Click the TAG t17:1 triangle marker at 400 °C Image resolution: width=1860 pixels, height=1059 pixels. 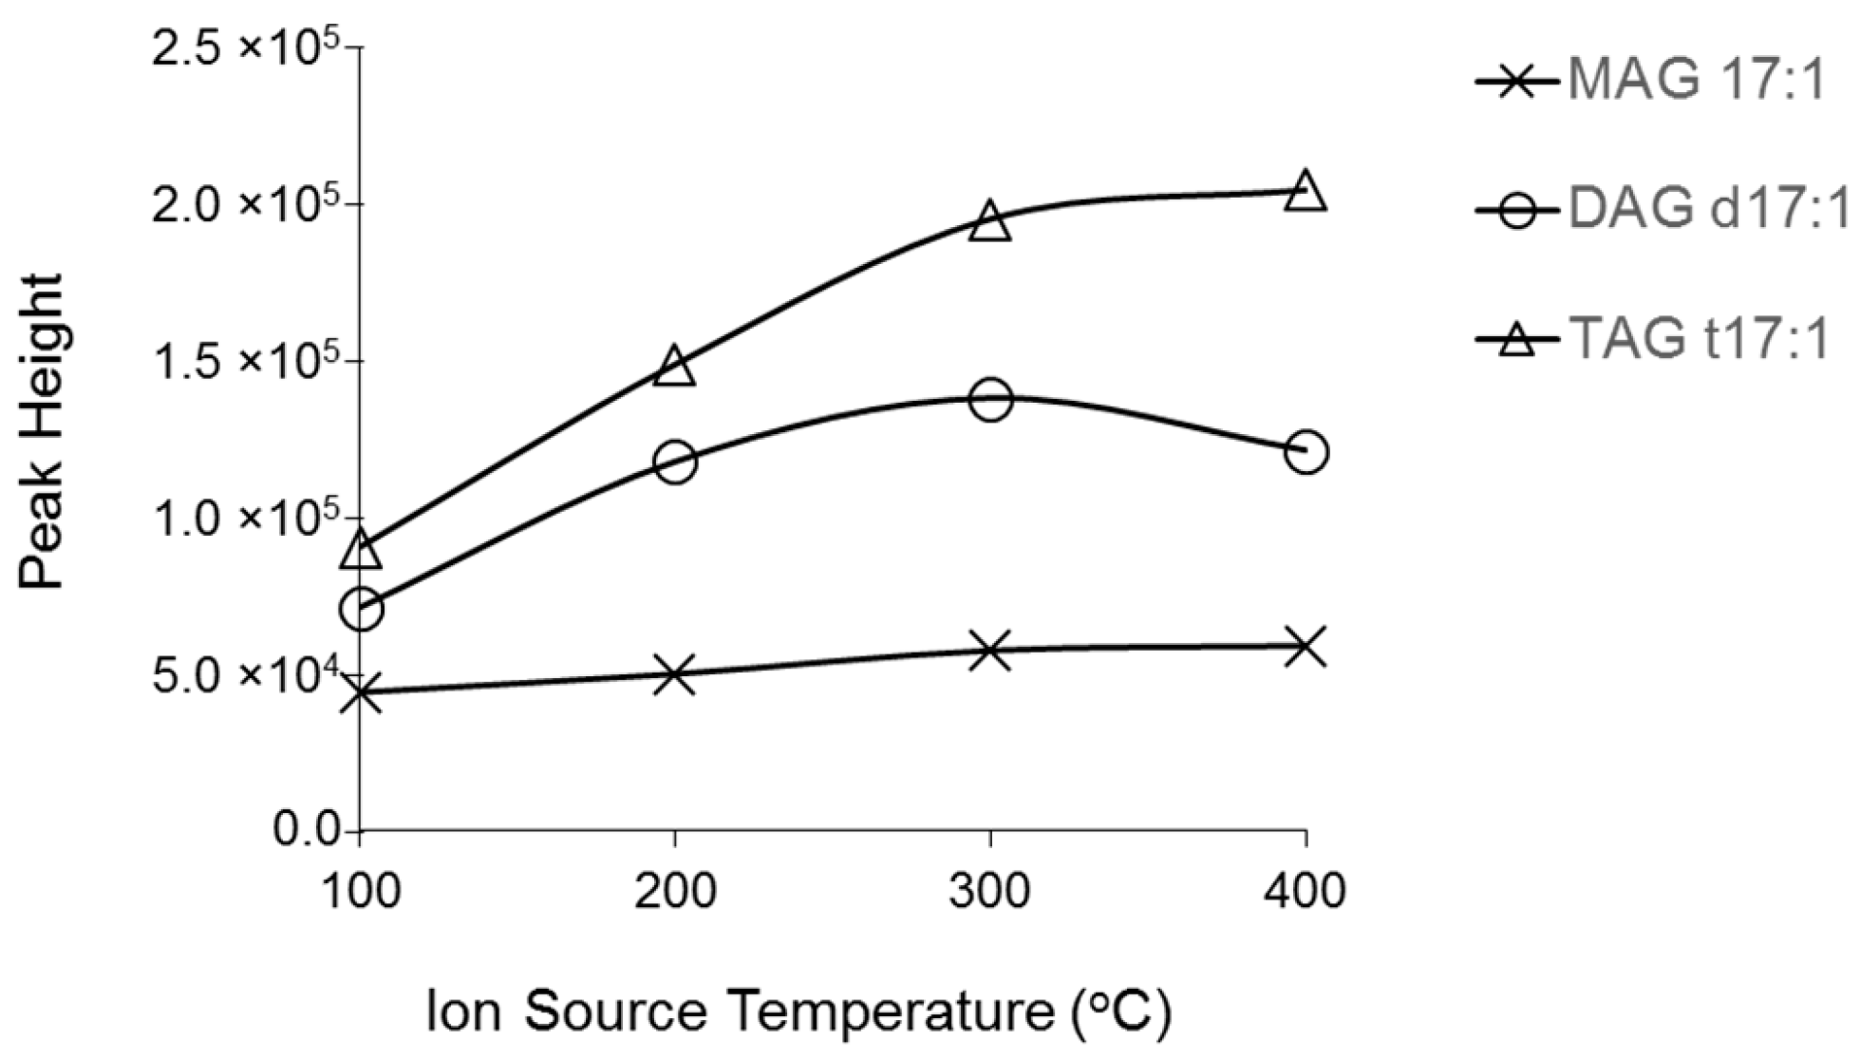[1306, 191]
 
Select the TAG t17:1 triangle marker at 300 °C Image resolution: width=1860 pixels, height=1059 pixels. [990, 221]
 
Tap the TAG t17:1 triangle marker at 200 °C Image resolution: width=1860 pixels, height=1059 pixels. [674, 367]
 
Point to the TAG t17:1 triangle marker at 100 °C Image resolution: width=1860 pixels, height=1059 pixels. [361, 549]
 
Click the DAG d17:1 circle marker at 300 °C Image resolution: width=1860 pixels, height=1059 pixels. [990, 399]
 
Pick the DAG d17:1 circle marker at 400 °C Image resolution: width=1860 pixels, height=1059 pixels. [1306, 452]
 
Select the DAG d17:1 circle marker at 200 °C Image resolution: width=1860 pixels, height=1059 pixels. [674, 463]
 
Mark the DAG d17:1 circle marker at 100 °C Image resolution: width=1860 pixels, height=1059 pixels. [361, 609]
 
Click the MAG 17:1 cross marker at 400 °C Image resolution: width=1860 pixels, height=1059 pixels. [1306, 647]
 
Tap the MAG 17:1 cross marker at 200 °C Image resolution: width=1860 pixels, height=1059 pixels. [674, 674]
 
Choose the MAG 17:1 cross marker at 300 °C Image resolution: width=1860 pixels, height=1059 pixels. [990, 651]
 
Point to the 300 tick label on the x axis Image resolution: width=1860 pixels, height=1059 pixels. [989, 892]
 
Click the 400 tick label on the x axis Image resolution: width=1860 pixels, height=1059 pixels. [1306, 892]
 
